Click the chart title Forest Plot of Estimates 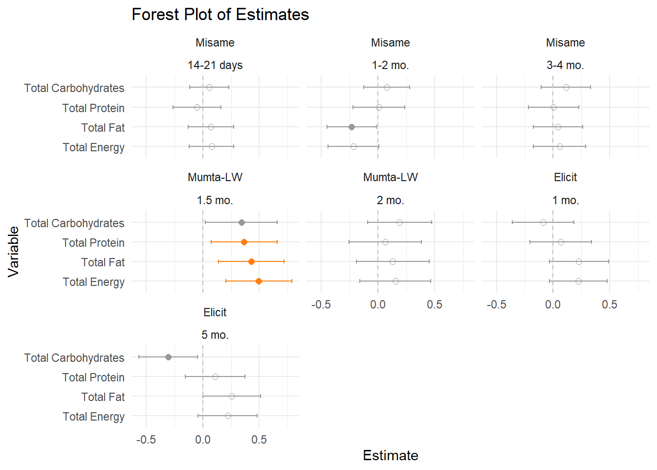coord(220,15)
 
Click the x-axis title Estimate coord(390,455)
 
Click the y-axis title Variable coord(14,252)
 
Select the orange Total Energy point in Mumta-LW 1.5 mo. coord(259,281)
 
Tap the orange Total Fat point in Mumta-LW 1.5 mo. coord(251,261)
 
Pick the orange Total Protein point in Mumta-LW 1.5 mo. coord(244,242)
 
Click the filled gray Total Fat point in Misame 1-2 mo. coord(351,127)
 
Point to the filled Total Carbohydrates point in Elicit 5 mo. coord(168,357)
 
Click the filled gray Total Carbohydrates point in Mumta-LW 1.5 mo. coord(241,222)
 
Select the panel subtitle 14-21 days coord(215,65)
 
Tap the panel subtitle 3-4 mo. coord(565,65)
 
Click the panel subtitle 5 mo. coord(215,335)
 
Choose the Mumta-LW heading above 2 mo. coord(390,177)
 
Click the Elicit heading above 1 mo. coord(565,177)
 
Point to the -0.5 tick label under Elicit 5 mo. coord(146,440)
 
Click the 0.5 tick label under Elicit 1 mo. coord(609,305)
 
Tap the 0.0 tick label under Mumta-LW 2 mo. coord(377,305)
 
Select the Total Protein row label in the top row coord(93,108)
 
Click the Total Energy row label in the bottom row coord(93,417)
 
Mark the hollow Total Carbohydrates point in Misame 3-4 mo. coord(566,87)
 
